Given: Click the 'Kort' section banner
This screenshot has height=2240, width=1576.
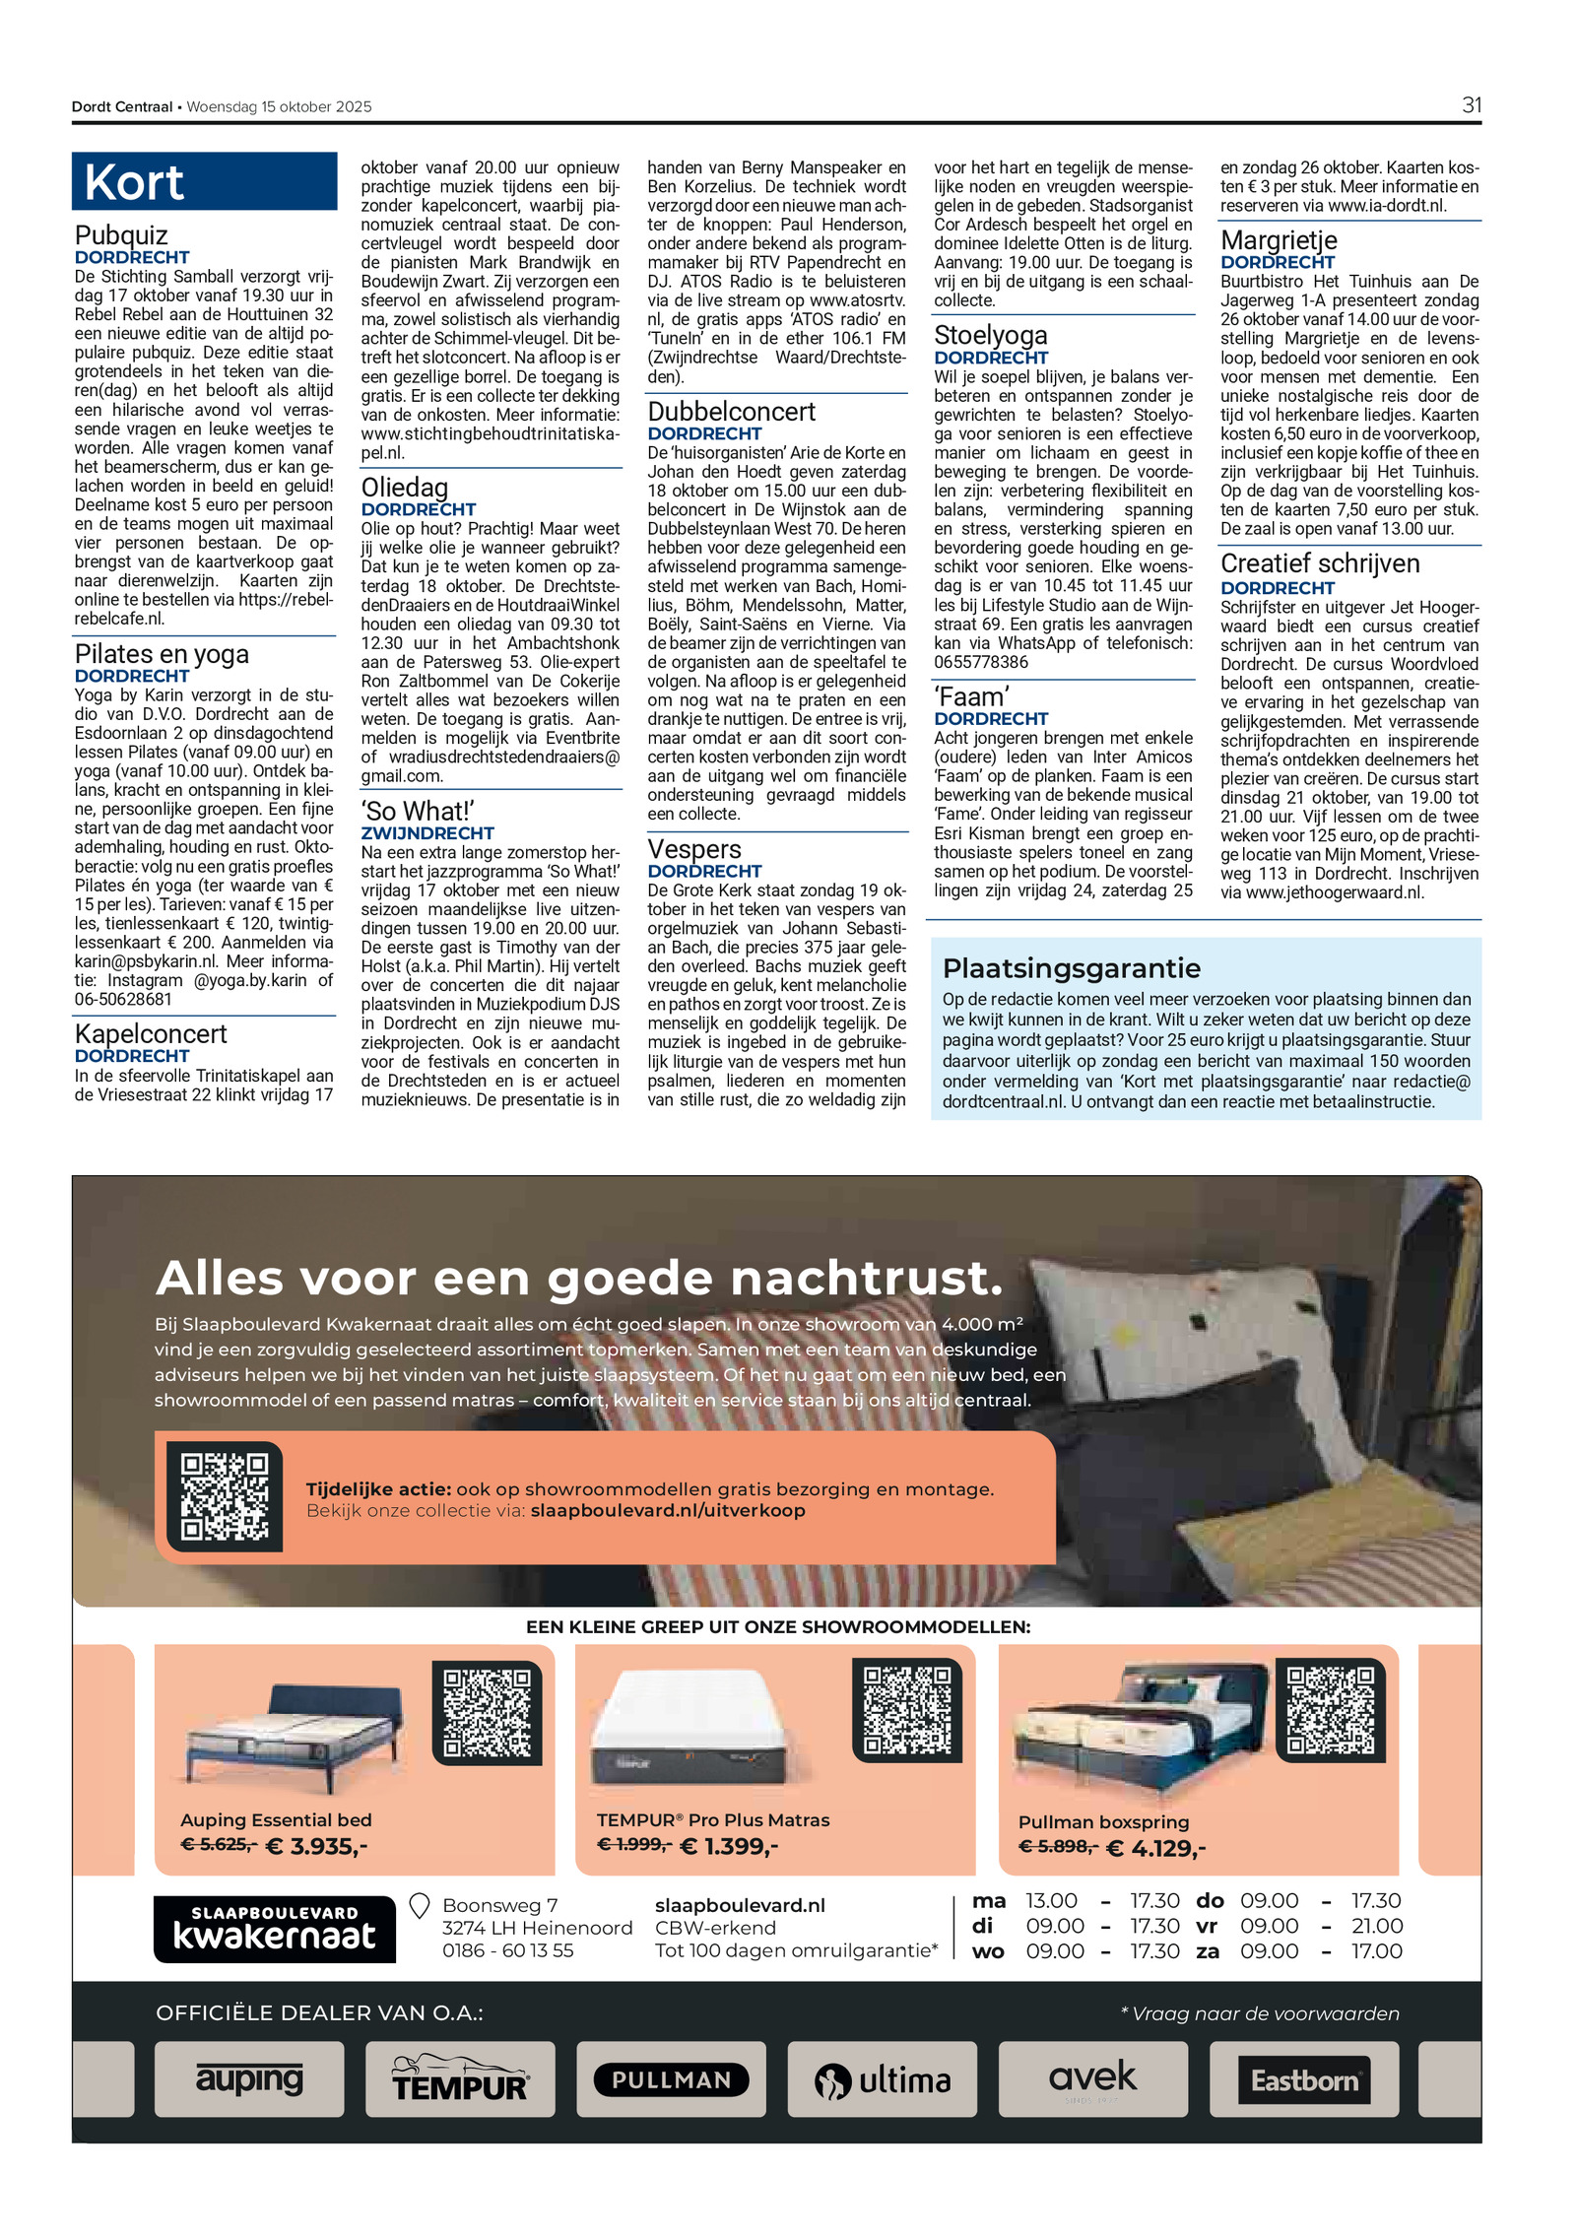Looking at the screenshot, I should (204, 181).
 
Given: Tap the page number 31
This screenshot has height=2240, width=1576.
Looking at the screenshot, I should (1471, 105).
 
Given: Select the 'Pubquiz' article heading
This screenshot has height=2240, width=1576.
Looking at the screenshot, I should (121, 235).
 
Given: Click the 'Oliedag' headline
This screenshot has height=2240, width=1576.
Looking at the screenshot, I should (404, 488).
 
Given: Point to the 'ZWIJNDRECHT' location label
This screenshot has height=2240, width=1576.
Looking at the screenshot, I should (427, 832).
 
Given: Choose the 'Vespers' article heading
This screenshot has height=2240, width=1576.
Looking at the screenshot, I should (692, 849).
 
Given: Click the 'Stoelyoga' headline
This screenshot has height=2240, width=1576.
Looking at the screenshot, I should (990, 336).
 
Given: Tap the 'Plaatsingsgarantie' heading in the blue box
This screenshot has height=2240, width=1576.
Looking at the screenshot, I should (1071, 968).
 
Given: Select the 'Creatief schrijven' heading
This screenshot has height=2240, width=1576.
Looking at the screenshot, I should (1319, 564).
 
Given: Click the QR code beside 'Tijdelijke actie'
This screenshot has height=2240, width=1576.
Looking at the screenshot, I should (225, 1496).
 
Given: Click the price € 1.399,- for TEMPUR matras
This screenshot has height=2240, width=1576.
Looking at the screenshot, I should (728, 1846).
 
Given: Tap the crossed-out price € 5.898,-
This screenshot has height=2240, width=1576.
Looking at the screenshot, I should (1058, 1846).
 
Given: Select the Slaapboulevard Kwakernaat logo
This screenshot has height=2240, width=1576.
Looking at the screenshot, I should (274, 1929).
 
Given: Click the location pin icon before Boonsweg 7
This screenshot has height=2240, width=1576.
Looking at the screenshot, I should (419, 1907).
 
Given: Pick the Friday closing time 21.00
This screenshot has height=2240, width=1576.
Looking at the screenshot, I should (1376, 1926).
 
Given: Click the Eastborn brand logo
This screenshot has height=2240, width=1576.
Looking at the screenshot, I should (1303, 2079).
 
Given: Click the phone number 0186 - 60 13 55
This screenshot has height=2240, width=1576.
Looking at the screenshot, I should (507, 1950).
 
